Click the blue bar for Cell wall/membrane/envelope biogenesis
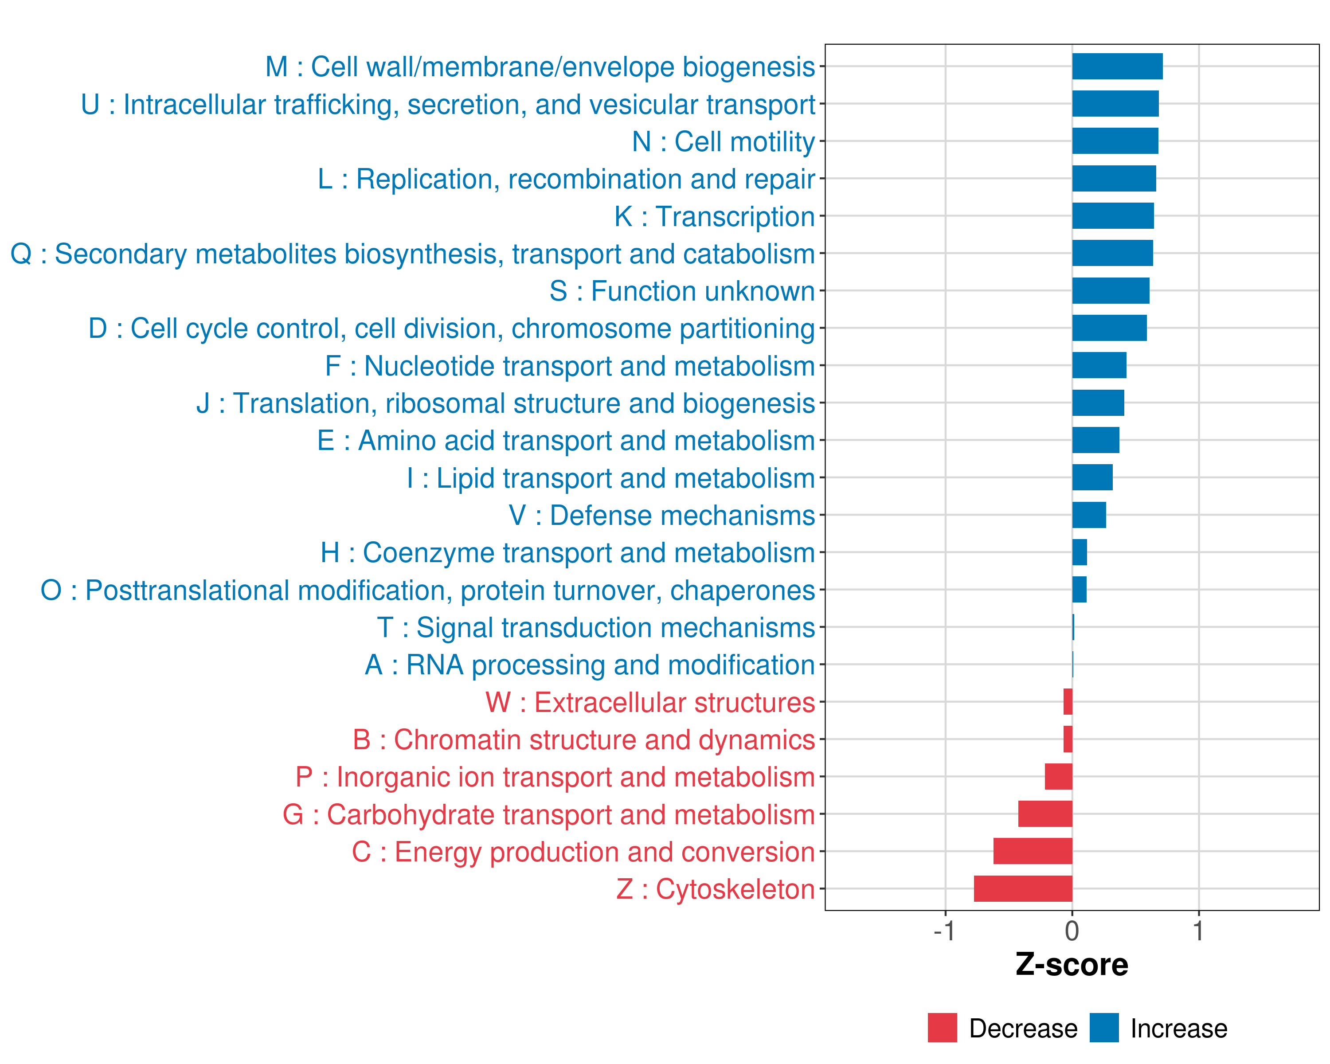(1117, 66)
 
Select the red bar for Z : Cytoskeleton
(1023, 889)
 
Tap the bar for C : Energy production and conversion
(1033, 851)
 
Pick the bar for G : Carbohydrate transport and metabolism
(1045, 814)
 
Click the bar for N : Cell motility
(1115, 141)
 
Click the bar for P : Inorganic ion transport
(1059, 777)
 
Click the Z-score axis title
(1072, 965)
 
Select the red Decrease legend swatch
(942, 1028)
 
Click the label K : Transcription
(714, 216)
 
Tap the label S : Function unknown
(682, 291)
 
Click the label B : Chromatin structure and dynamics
(583, 739)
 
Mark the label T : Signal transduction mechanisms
(596, 628)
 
